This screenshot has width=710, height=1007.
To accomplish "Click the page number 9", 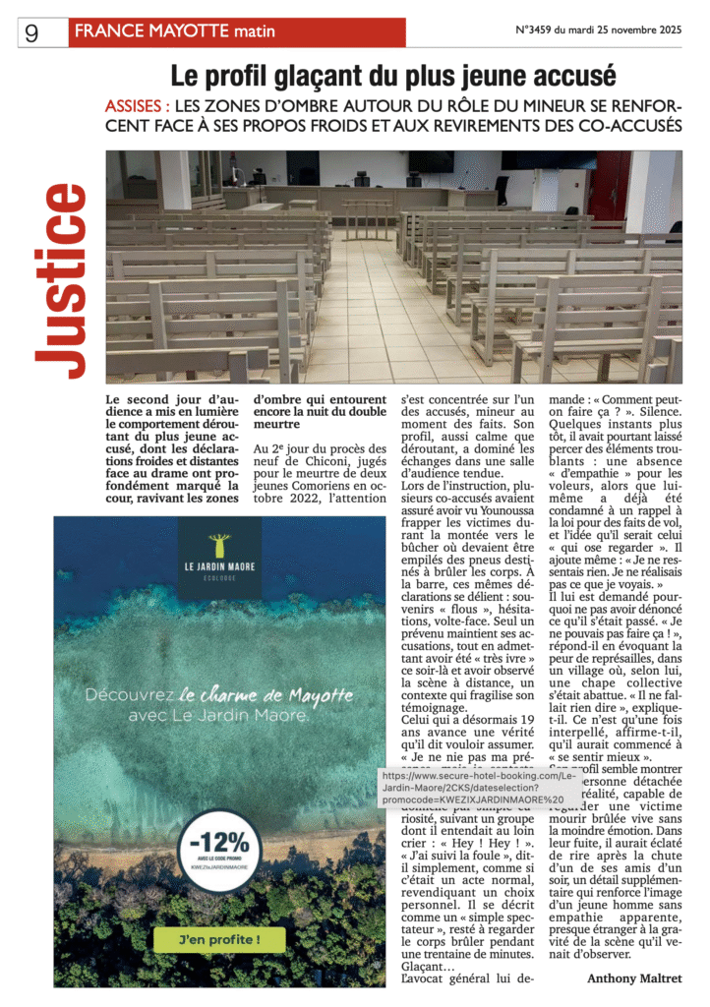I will pos(31,33).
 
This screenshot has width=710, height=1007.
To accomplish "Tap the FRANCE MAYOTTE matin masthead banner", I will pos(236,32).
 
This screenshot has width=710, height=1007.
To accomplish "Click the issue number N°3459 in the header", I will pos(538,30).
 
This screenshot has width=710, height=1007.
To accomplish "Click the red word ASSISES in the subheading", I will pos(138,105).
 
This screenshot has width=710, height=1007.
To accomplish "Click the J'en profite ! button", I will pos(219,938).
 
